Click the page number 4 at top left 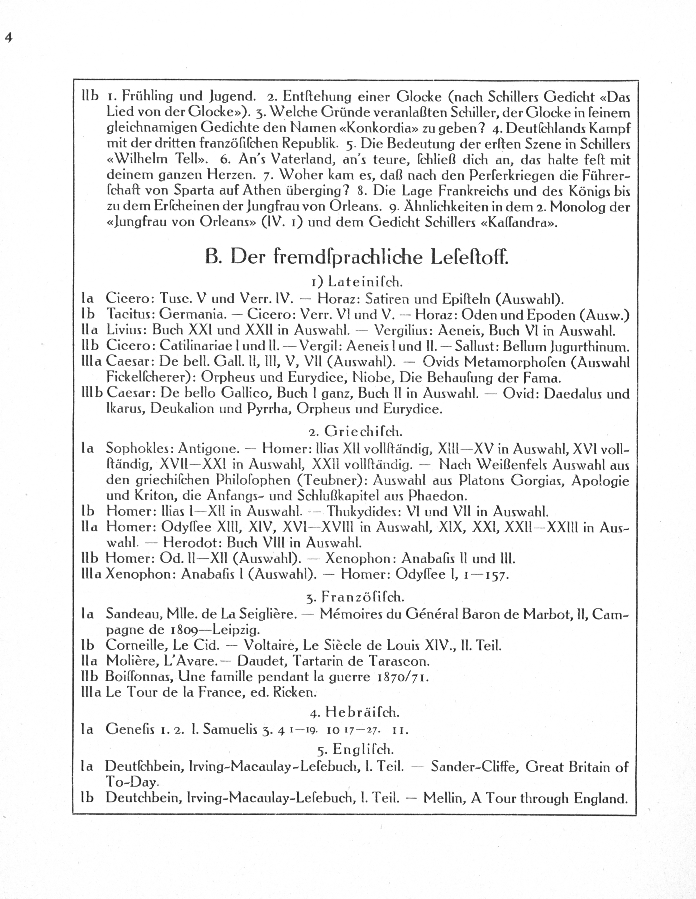point(9,37)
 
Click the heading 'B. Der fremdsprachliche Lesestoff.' point(356,257)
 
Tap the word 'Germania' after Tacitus point(193,315)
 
